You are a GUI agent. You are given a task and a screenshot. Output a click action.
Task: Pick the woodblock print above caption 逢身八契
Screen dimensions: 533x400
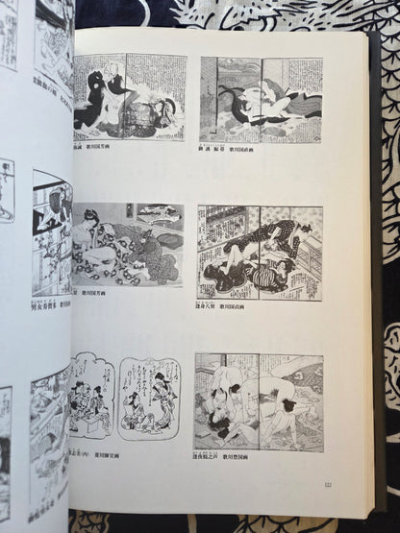click(259, 253)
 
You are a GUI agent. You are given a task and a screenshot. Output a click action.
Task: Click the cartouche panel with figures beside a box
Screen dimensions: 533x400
click(96, 398)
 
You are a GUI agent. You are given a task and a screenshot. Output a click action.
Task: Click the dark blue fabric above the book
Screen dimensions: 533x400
click(192, 12)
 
